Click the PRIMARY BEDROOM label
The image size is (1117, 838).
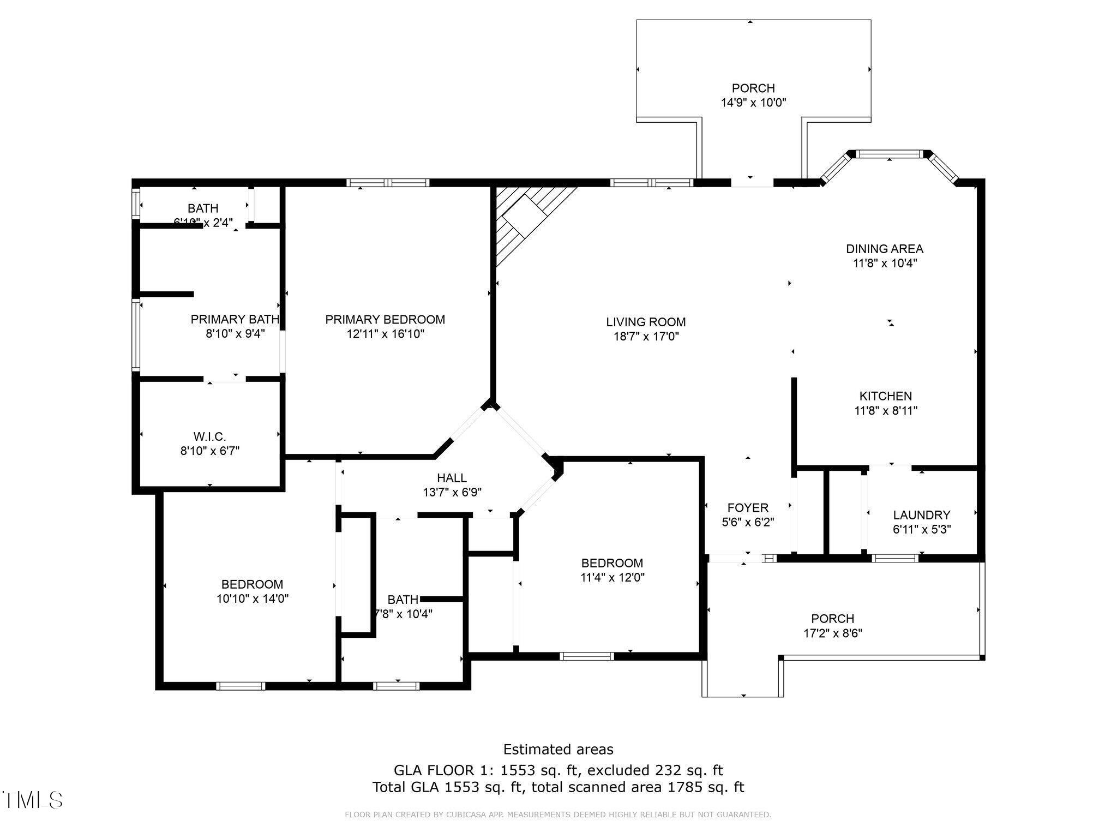tap(385, 320)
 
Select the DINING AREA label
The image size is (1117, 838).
tap(884, 249)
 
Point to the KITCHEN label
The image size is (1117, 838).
tap(885, 397)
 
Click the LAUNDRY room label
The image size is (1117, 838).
tap(921, 515)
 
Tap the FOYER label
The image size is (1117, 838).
tap(748, 508)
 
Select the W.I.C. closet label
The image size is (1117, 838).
tap(209, 437)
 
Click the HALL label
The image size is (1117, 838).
tap(452, 478)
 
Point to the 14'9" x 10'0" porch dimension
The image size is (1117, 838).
tap(753, 103)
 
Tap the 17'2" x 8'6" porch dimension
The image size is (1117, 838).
tap(832, 633)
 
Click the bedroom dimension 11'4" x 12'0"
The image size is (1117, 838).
tap(612, 577)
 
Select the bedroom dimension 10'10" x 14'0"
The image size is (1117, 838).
tap(252, 598)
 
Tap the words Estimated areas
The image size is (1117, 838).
tap(558, 750)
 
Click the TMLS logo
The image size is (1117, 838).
tap(33, 800)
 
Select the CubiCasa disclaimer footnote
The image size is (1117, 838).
tap(558, 815)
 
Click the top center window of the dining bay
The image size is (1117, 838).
tap(890, 154)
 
